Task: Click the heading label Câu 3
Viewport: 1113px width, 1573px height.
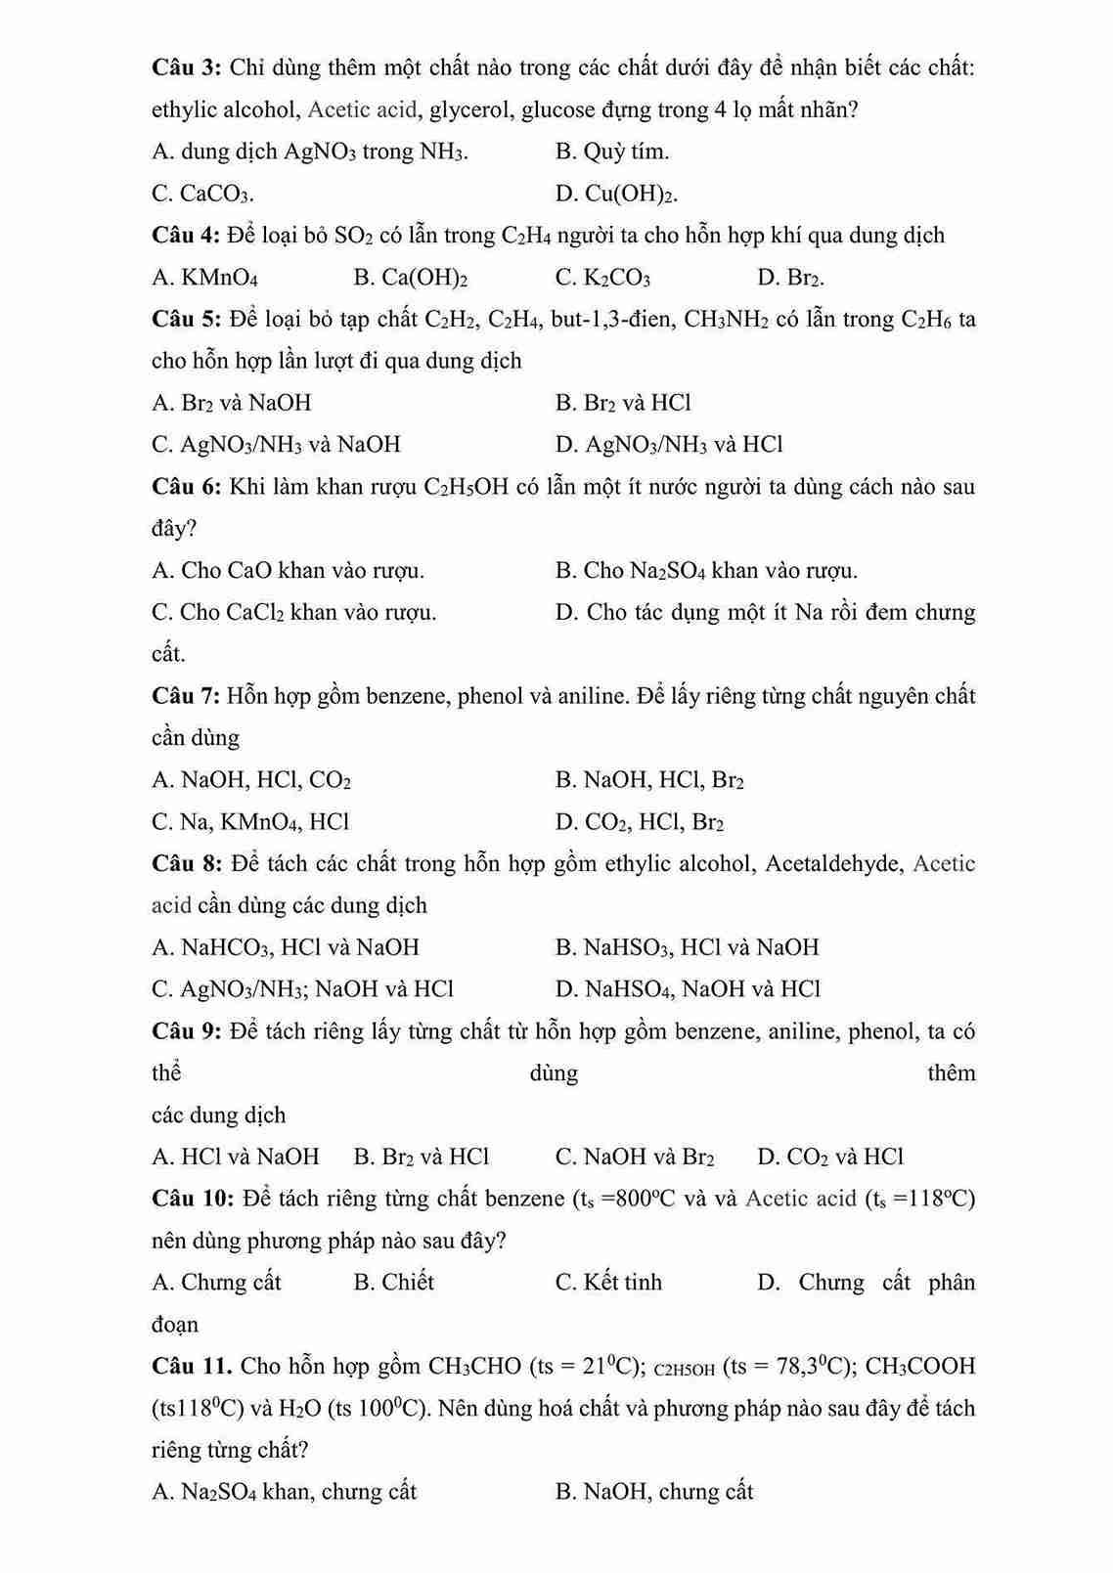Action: [x=187, y=67]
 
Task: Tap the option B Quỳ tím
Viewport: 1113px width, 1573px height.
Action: [x=612, y=152]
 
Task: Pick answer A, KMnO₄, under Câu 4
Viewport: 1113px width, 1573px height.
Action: [x=205, y=278]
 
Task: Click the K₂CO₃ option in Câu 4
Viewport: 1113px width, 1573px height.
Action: [x=602, y=278]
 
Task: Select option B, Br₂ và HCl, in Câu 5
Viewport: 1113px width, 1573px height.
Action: [x=623, y=403]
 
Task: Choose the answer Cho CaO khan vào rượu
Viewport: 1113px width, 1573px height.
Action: [x=289, y=570]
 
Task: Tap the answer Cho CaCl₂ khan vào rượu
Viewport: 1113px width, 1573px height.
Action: [x=294, y=612]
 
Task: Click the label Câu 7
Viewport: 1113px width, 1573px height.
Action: [x=186, y=696]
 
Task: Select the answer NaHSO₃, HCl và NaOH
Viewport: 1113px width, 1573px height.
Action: [x=687, y=947]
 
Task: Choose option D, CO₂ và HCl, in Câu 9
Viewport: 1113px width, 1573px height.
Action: [x=830, y=1158]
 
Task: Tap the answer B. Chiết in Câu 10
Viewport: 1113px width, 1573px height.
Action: [x=393, y=1283]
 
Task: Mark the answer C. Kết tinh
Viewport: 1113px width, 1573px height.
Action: [x=608, y=1283]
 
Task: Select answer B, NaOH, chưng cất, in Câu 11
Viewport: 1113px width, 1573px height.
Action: [x=654, y=1492]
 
